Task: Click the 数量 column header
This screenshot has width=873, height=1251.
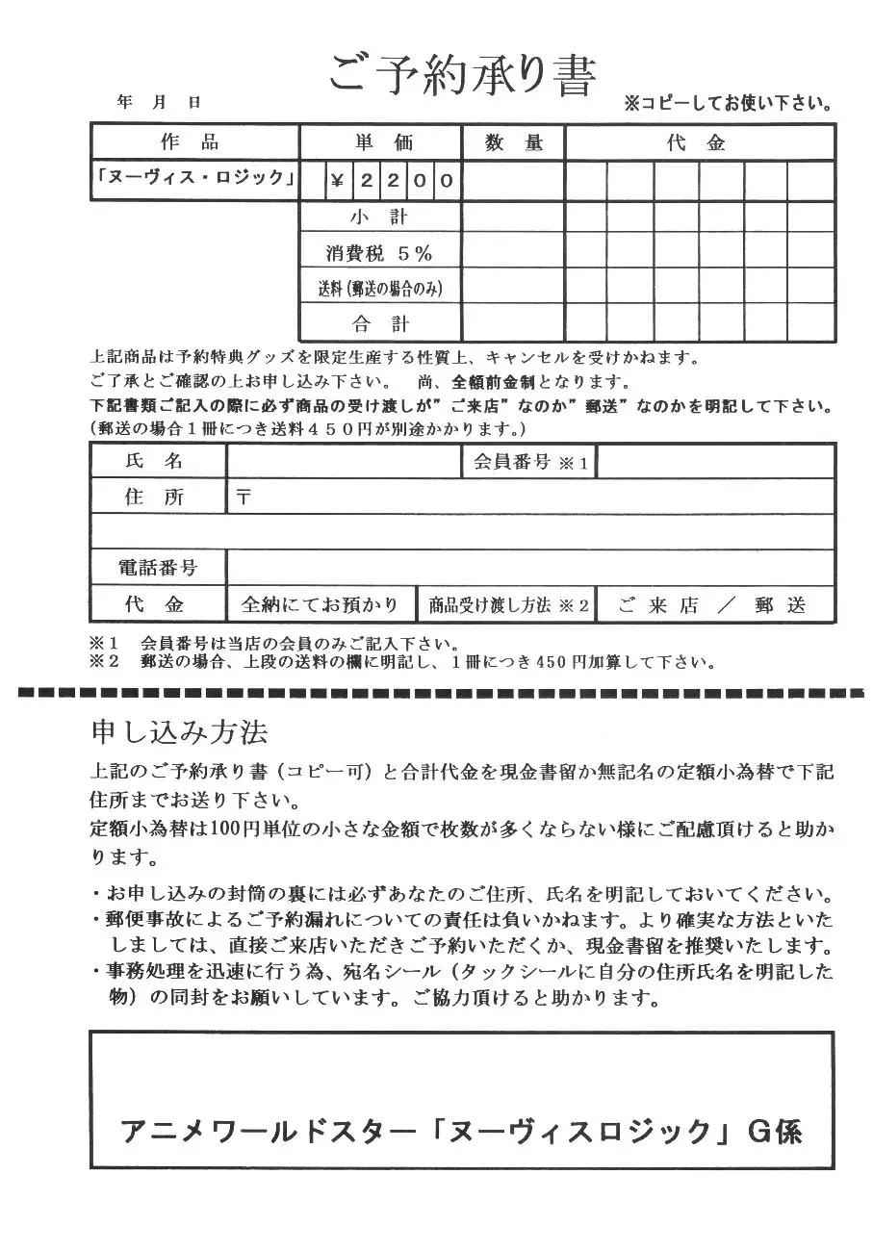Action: (514, 142)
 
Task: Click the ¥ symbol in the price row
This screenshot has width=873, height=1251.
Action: (337, 180)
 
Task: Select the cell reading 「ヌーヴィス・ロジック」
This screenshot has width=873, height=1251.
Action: (195, 179)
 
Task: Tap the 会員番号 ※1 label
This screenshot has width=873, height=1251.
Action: (530, 462)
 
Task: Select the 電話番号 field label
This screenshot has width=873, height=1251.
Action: (157, 568)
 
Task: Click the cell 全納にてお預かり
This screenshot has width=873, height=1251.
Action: (320, 605)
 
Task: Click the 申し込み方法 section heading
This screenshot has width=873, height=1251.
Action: (178, 732)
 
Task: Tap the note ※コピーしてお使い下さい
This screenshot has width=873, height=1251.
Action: (728, 102)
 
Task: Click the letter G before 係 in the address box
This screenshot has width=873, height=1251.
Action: (761, 1129)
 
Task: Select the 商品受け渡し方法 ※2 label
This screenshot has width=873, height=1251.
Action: (508, 605)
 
